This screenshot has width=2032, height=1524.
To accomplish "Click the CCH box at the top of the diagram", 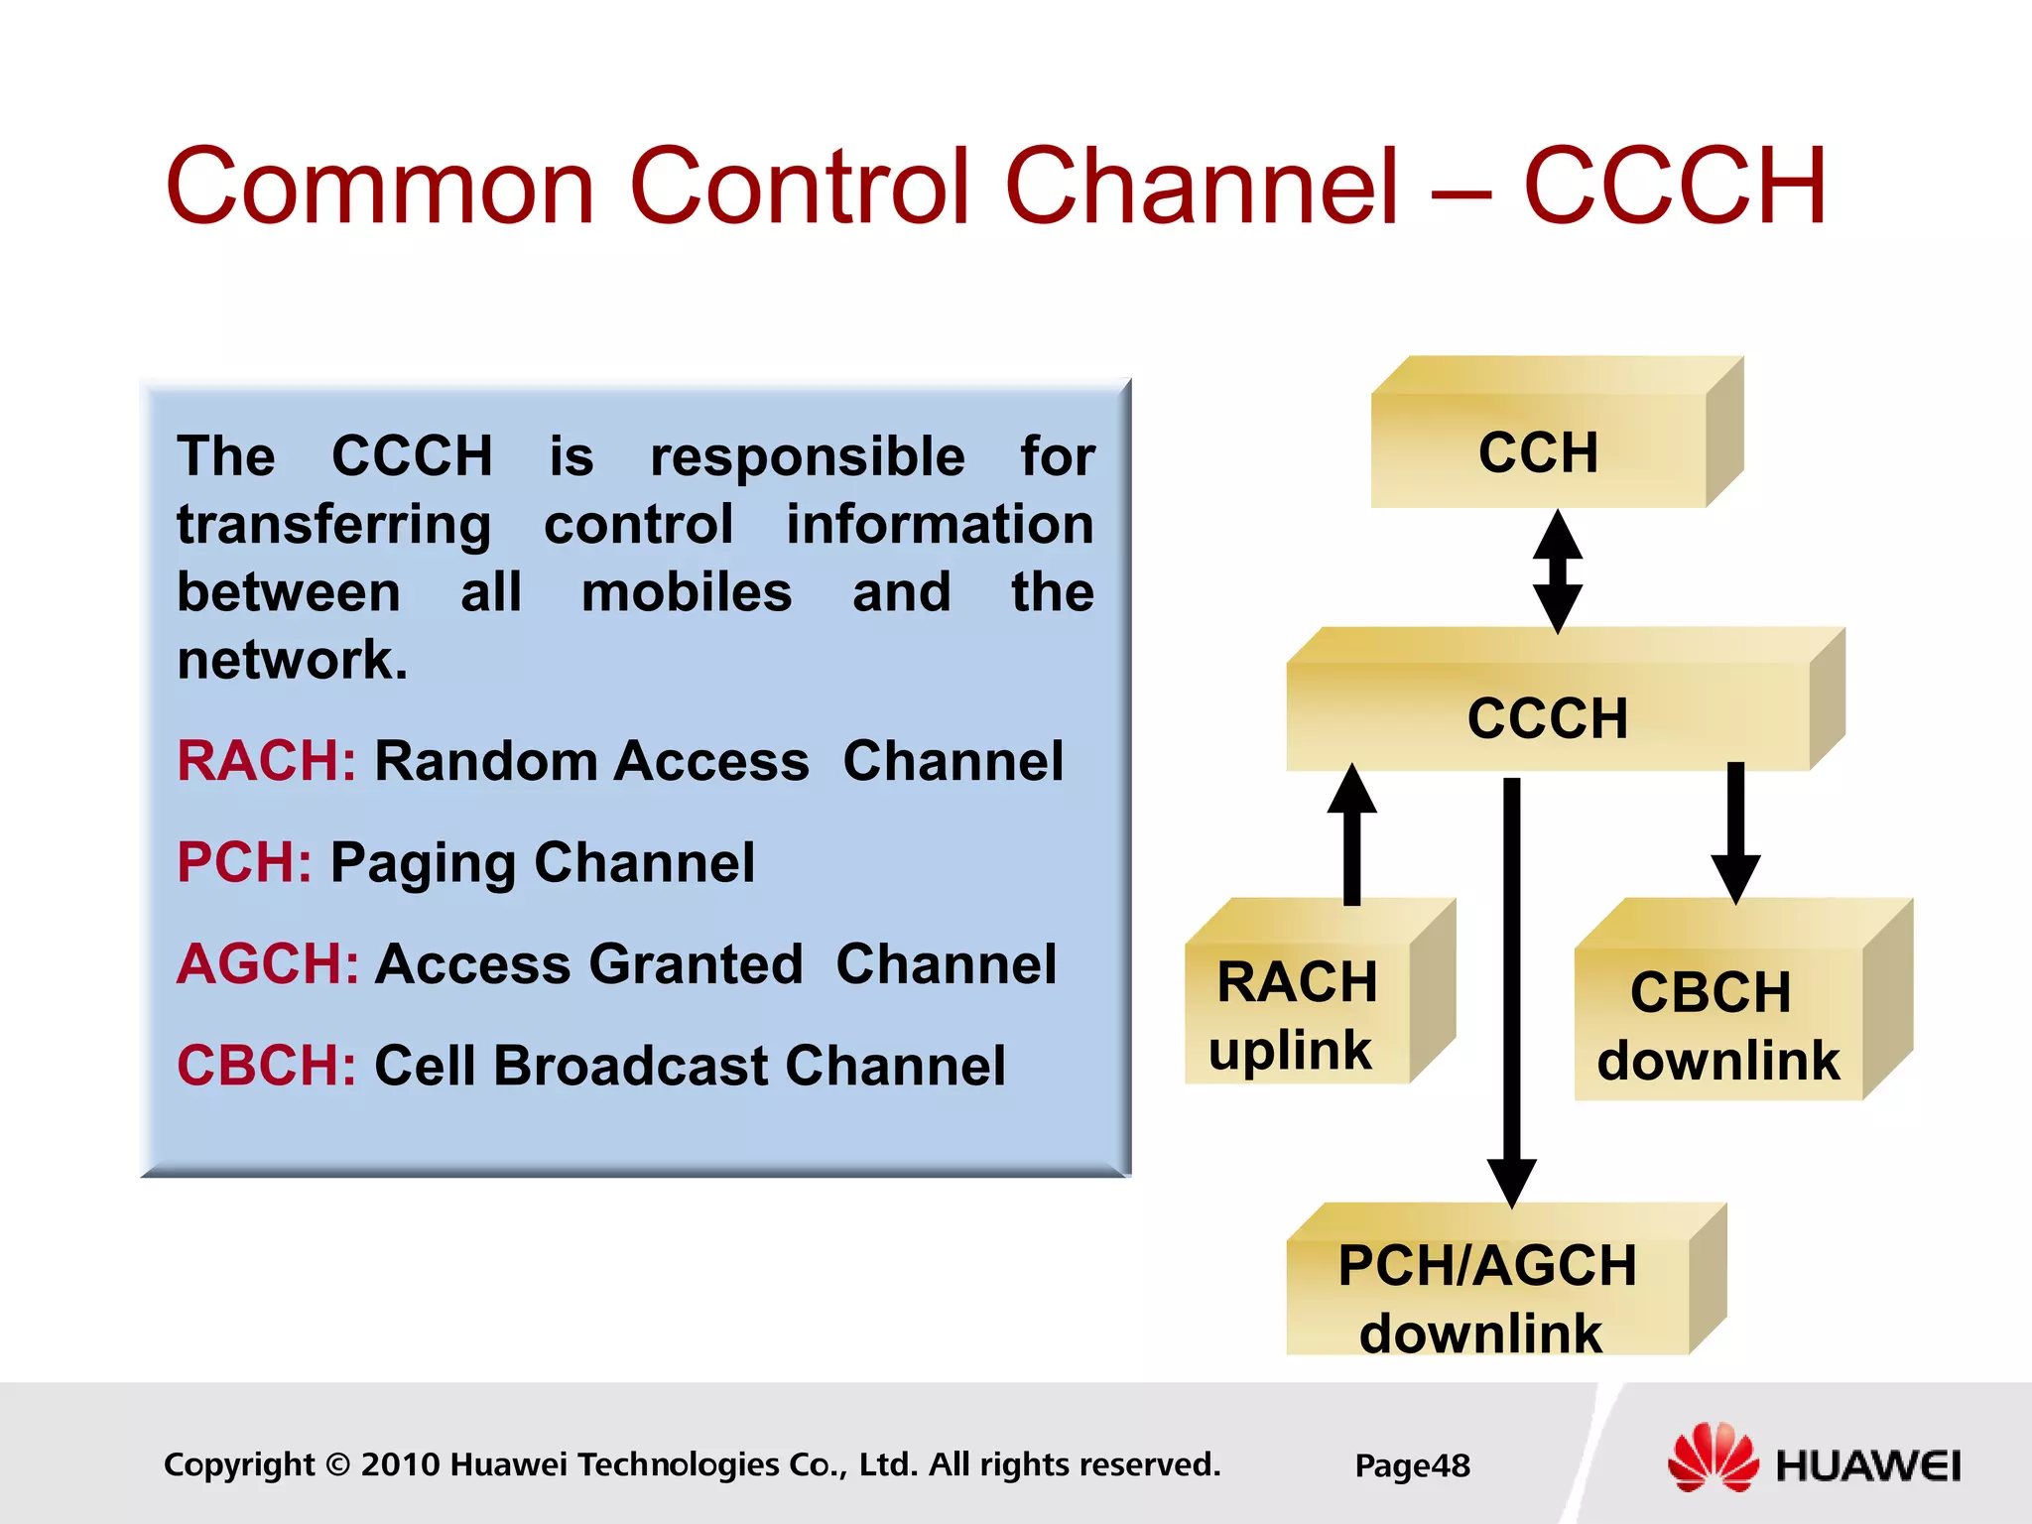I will [x=1538, y=451].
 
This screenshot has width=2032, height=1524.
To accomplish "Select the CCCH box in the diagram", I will [x=1548, y=716].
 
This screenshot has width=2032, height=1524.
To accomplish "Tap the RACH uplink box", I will [x=1297, y=1014].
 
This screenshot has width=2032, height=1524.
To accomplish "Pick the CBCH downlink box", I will [x=1718, y=1024].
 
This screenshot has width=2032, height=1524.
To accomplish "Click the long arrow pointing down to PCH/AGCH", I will [x=1511, y=992].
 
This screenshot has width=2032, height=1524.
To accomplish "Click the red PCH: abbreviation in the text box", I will [x=244, y=862].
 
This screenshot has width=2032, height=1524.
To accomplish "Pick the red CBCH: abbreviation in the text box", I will [x=266, y=1066].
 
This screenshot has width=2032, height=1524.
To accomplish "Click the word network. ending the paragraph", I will [x=292, y=660].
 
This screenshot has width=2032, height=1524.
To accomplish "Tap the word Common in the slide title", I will [x=380, y=187].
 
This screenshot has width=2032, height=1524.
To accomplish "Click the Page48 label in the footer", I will [x=1412, y=1465].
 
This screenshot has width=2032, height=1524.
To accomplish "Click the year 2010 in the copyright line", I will [x=400, y=1464].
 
